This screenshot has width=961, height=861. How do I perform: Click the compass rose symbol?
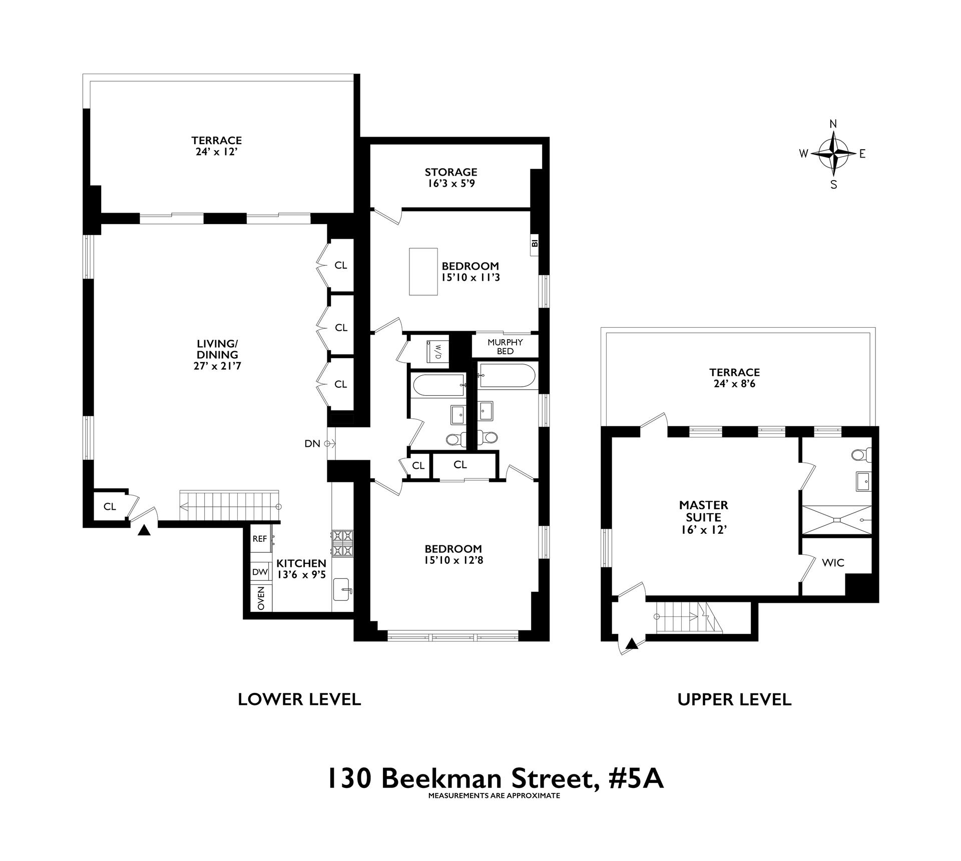point(833,154)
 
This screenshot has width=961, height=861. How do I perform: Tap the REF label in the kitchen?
point(259,539)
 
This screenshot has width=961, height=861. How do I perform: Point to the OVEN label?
point(261,598)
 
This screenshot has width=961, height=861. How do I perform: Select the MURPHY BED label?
point(505,347)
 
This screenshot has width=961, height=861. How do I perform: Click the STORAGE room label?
point(451,172)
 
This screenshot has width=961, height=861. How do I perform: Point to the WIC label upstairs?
point(833,563)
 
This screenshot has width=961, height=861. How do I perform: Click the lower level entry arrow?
point(144,530)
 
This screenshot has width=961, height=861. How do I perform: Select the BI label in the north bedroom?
point(535,244)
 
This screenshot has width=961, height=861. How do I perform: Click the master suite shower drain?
point(836,520)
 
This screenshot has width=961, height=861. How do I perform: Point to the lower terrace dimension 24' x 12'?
point(216,152)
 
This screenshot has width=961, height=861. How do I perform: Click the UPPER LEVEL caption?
point(734,699)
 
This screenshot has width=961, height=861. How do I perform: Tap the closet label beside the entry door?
point(110,506)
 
